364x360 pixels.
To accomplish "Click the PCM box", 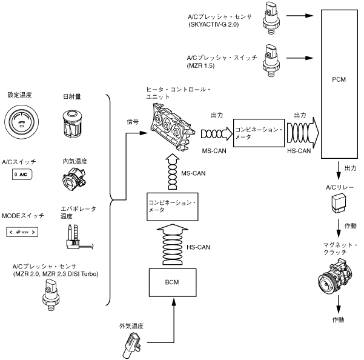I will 339,79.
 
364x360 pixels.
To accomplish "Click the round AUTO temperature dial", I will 22,121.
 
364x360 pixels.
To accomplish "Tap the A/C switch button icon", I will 22,174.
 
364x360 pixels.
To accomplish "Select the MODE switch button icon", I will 24,232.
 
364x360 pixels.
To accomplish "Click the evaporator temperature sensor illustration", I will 74,237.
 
